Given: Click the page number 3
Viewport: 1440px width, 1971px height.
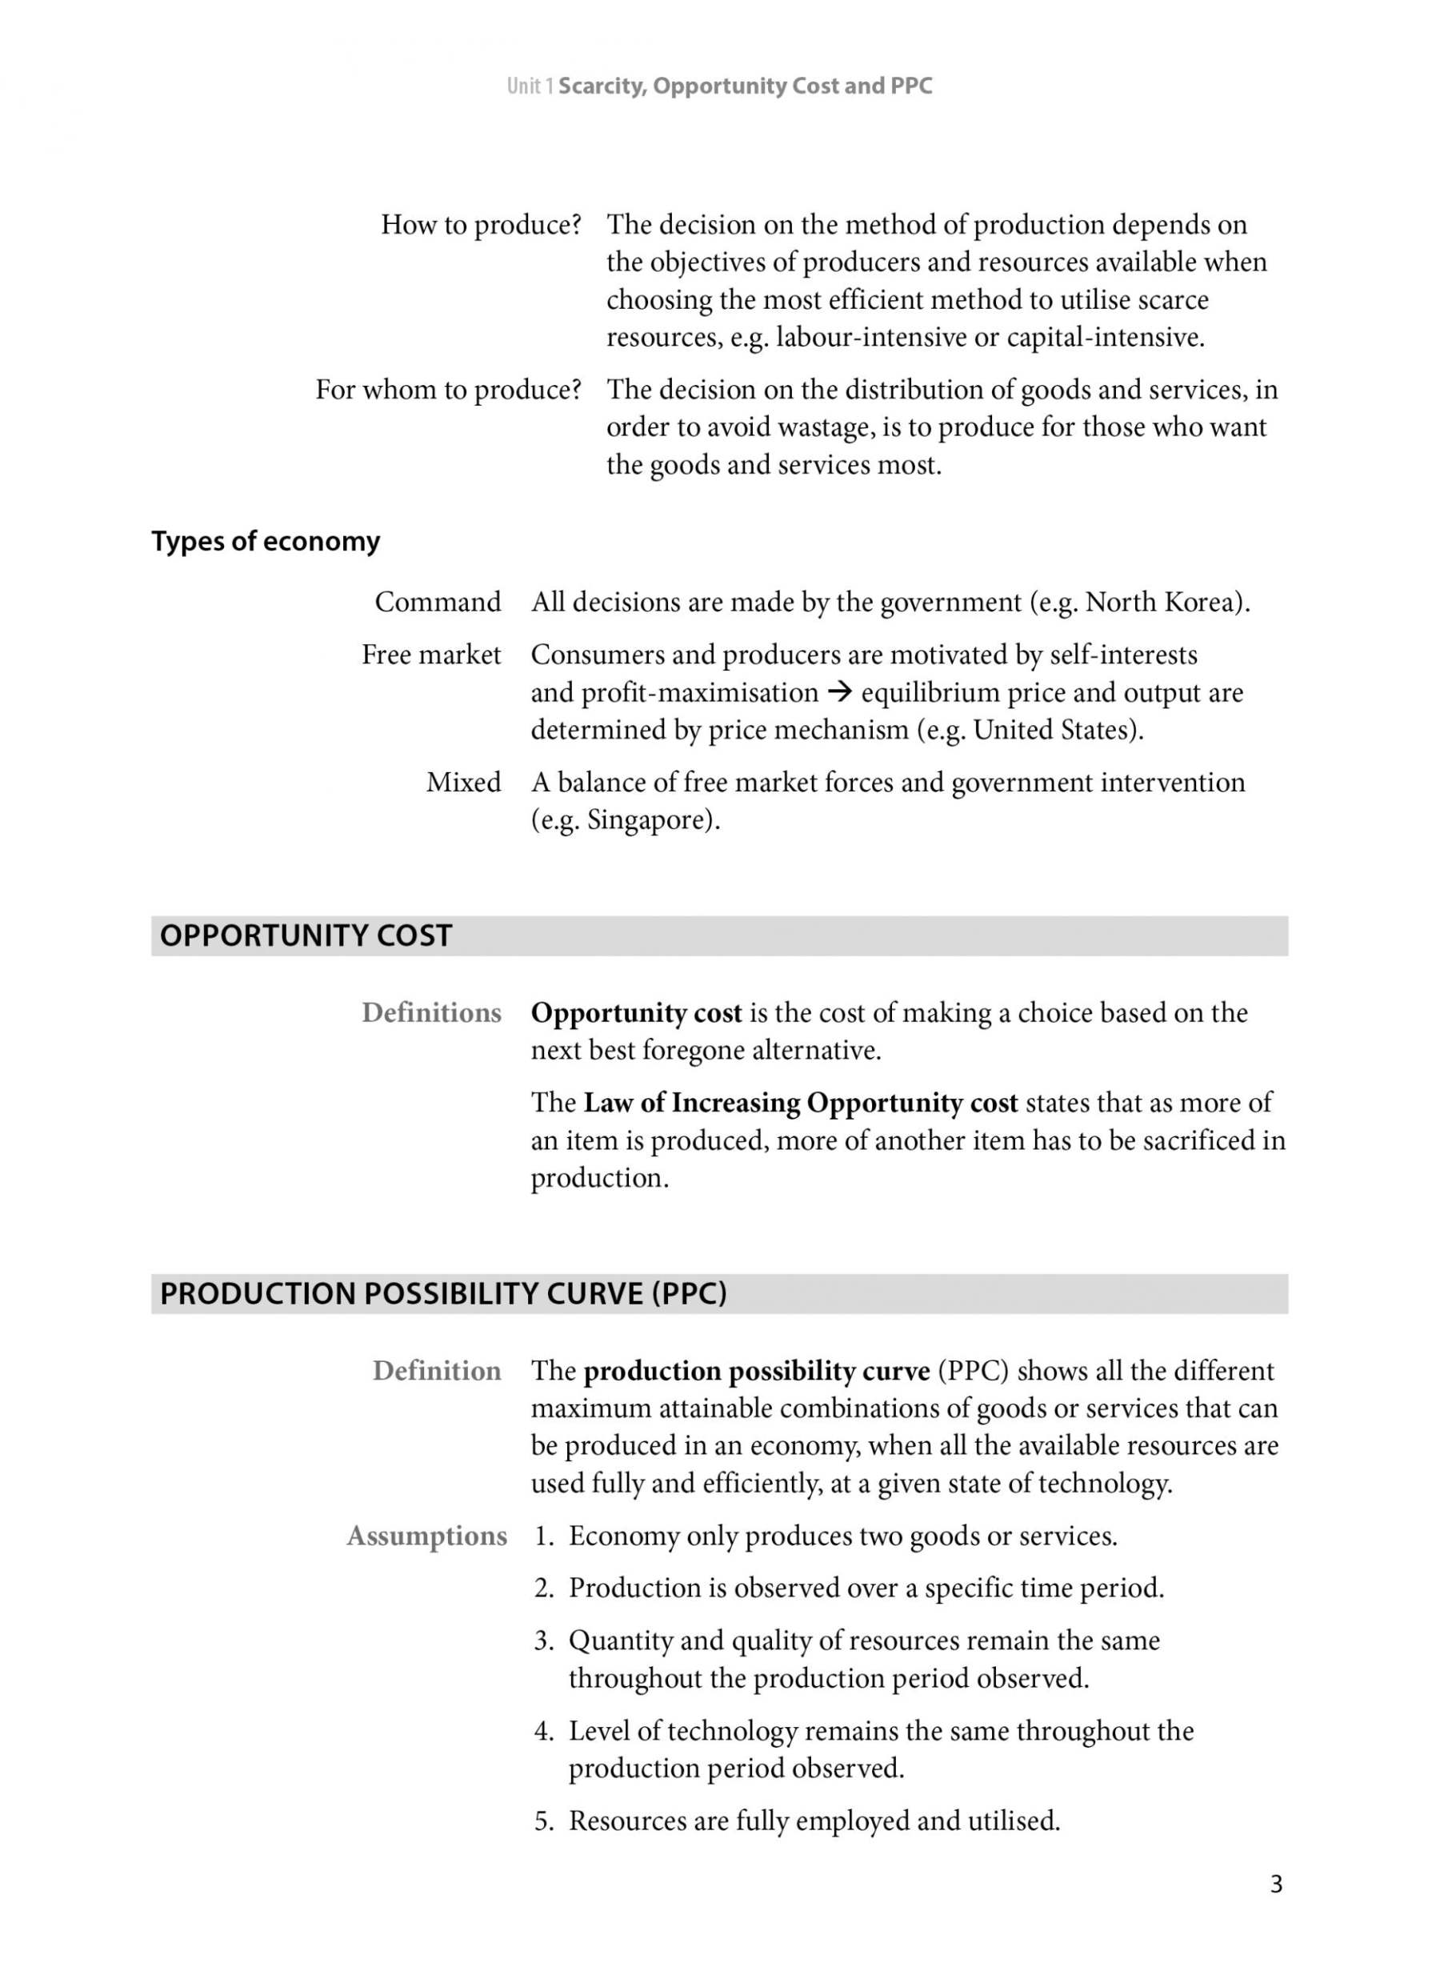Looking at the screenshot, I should (x=1276, y=1885).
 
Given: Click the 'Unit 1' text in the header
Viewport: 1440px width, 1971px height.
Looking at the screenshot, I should (x=530, y=86).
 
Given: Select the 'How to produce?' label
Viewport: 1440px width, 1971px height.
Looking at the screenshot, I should (x=480, y=225).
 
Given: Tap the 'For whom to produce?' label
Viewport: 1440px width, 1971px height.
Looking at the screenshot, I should (x=448, y=390).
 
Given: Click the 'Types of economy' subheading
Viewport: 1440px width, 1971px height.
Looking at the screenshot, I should (x=266, y=541).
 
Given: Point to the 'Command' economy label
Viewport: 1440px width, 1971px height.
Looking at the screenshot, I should (x=438, y=603).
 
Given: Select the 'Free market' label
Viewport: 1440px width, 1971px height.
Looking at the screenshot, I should (x=431, y=655).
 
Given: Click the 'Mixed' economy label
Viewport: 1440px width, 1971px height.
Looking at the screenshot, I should (x=463, y=782).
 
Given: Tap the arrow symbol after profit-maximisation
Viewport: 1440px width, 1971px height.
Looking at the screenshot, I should (x=839, y=693).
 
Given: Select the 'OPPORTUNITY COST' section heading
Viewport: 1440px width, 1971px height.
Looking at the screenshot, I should (x=306, y=935).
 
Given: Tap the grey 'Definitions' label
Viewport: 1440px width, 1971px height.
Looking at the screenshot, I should (x=431, y=1013).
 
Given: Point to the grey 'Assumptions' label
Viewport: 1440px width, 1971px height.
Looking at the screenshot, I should (x=426, y=1535).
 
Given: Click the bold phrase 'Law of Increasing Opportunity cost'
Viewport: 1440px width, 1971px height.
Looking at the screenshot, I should (x=800, y=1103).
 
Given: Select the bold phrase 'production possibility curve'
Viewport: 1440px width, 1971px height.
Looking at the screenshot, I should (x=757, y=1372).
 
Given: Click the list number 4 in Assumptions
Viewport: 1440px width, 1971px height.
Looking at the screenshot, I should (x=543, y=1730).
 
